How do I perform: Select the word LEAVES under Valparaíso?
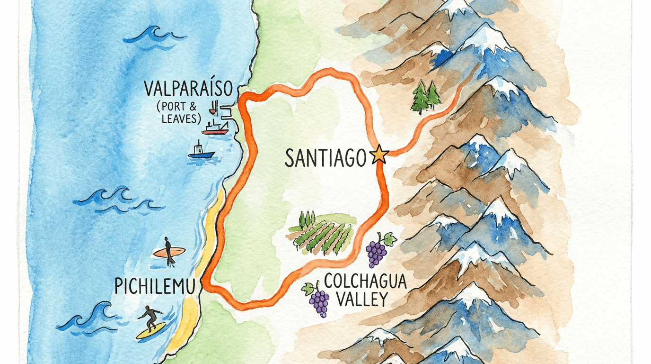tap(182, 118)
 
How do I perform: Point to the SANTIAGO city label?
tap(325, 157)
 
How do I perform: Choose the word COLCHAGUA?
tap(365, 282)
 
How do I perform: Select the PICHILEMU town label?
tap(155, 286)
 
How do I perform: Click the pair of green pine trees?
tap(426, 96)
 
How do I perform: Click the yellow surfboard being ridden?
tap(151, 331)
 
